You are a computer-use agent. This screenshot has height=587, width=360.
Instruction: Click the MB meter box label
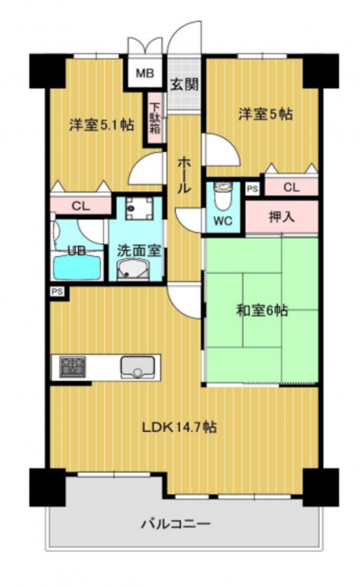click(x=145, y=74)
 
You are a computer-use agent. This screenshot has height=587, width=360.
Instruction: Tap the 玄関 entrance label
click(x=184, y=85)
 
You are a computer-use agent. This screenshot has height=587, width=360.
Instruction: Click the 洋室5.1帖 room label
click(x=102, y=124)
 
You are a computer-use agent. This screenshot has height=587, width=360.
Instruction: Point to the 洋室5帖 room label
click(x=266, y=113)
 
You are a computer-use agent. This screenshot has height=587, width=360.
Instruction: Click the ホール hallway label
click(x=184, y=175)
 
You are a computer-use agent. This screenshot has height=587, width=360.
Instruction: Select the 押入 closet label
click(x=282, y=217)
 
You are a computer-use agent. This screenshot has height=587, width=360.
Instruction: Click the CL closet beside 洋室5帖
click(x=291, y=187)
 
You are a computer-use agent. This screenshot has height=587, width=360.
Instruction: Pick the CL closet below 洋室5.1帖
click(x=81, y=206)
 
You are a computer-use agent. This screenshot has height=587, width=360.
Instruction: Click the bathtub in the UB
click(x=77, y=268)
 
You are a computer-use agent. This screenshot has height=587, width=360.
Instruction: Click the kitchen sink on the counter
click(x=137, y=367)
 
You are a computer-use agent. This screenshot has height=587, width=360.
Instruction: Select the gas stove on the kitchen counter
click(x=73, y=366)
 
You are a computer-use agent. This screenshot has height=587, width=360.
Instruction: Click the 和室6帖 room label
click(x=262, y=311)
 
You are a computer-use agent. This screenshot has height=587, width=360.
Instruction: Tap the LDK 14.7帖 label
click(x=179, y=427)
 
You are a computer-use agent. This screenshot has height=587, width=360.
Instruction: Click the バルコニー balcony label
click(x=175, y=524)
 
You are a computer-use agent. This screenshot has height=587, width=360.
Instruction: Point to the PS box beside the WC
click(x=253, y=189)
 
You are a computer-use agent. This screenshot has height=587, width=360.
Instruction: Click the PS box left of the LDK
click(x=57, y=291)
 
